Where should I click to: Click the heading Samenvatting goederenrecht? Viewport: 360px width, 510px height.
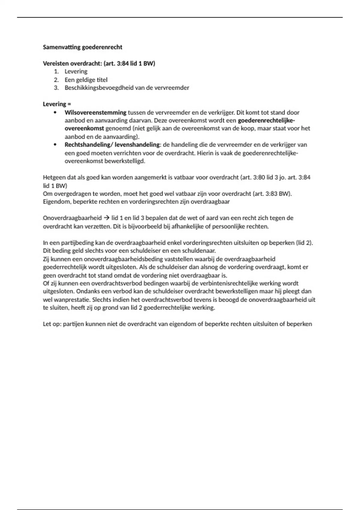(x=82, y=47)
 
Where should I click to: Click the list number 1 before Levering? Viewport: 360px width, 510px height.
(x=56, y=72)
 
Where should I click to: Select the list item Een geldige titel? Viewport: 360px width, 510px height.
(x=86, y=80)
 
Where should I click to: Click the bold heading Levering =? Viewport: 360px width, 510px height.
(x=57, y=104)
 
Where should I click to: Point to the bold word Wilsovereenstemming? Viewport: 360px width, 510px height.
(x=95, y=112)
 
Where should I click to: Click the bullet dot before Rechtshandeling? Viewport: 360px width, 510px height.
(x=55, y=145)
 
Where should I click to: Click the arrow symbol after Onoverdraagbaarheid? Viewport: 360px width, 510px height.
(x=106, y=218)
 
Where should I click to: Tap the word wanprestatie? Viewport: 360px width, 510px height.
(x=72, y=300)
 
